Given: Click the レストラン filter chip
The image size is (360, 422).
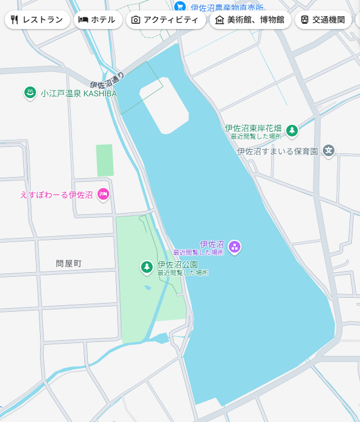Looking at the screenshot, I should pyautogui.click(x=37, y=20).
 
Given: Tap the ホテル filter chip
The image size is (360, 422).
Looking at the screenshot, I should pyautogui.click(x=97, y=20).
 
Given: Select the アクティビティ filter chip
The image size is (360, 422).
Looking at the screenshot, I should pyautogui.click(x=165, y=20).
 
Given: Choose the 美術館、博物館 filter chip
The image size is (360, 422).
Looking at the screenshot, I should pyautogui.click(x=250, y=20).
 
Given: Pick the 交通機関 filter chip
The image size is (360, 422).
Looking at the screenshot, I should pyautogui.click(x=323, y=20).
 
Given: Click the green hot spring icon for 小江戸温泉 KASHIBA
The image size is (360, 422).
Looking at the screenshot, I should pyautogui.click(x=30, y=93).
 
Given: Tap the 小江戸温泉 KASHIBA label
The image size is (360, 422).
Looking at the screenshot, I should pyautogui.click(x=78, y=93).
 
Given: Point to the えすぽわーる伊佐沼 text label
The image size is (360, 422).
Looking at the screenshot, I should pyautogui.click(x=56, y=194).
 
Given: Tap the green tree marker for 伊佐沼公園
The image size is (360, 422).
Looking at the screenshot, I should pyautogui.click(x=147, y=268).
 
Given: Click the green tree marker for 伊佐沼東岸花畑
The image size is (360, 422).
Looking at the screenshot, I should pyautogui.click(x=292, y=131).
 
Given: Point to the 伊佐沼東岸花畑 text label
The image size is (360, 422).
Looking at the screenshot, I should pyautogui.click(x=253, y=128).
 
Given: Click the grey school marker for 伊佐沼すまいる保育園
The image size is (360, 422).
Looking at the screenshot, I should pyautogui.click(x=329, y=151).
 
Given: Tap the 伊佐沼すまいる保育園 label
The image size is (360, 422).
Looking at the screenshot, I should pyautogui.click(x=278, y=152).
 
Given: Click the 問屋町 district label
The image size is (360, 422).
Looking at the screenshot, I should pyautogui.click(x=69, y=264).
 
